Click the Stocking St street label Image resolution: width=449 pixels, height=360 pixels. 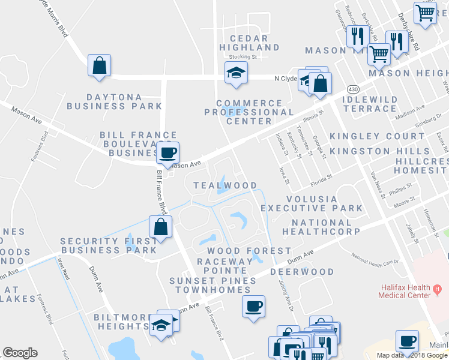coord(243,57)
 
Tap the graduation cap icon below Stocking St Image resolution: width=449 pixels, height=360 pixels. coord(236,74)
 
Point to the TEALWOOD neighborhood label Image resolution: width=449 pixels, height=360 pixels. coord(225,185)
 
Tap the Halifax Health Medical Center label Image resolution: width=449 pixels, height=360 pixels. coord(405,291)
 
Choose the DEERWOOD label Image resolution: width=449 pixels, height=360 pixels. coord(302,272)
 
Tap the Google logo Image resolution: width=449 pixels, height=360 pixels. coord(20,353)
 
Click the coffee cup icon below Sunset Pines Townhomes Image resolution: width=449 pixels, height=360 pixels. coord(253,306)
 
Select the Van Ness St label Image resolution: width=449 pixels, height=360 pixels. coord(375,179)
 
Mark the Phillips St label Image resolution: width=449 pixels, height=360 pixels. coord(401,190)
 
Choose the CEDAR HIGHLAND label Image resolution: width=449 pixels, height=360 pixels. coord(249,41)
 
